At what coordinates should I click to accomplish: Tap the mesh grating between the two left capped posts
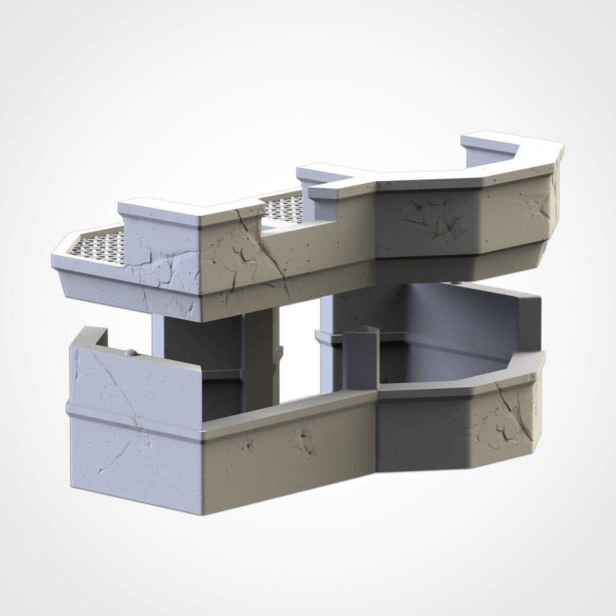[x=285, y=208]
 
